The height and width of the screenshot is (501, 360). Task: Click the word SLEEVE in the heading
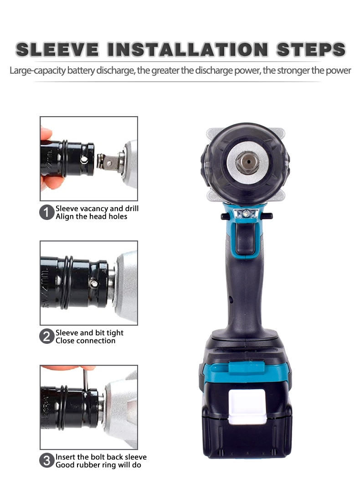57,50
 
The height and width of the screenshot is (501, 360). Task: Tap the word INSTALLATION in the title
188,50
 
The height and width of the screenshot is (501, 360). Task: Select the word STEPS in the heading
311,50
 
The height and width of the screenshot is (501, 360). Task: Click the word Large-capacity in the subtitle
38,70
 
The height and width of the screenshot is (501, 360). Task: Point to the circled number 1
46,213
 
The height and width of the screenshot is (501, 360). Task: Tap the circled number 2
46,337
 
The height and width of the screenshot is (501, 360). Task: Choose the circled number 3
46,461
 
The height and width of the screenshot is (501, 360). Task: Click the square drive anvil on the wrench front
247,163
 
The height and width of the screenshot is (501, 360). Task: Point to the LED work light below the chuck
245,213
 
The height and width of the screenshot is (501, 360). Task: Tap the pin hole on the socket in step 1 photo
84,159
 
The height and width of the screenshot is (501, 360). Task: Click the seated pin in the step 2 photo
93,283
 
